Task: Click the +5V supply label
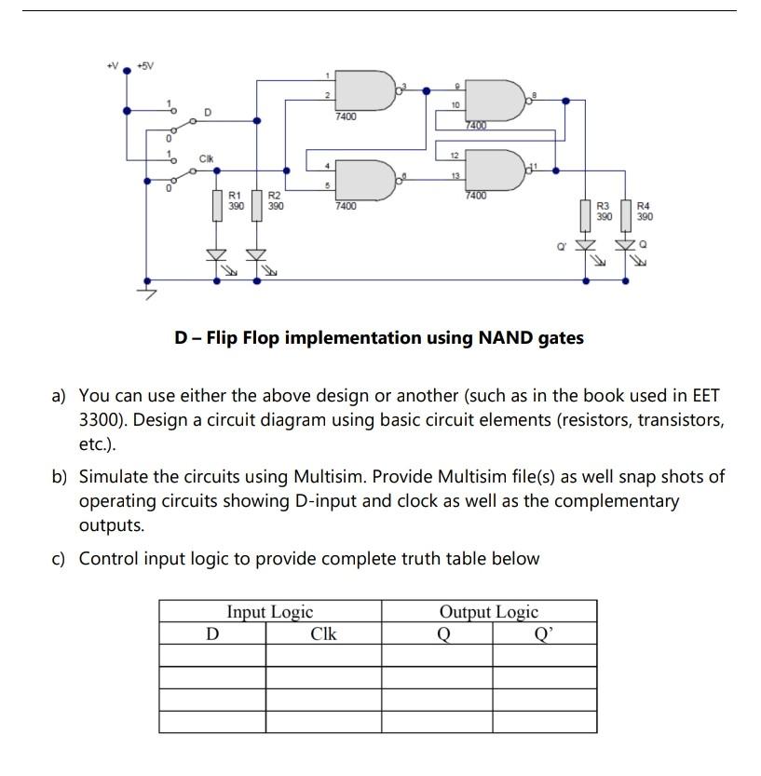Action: click(145, 66)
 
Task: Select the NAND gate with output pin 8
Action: click(492, 100)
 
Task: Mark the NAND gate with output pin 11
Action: click(492, 168)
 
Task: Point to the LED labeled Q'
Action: click(586, 245)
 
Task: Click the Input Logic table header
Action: click(270, 612)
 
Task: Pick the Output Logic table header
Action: click(489, 612)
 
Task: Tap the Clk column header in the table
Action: click(322, 634)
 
